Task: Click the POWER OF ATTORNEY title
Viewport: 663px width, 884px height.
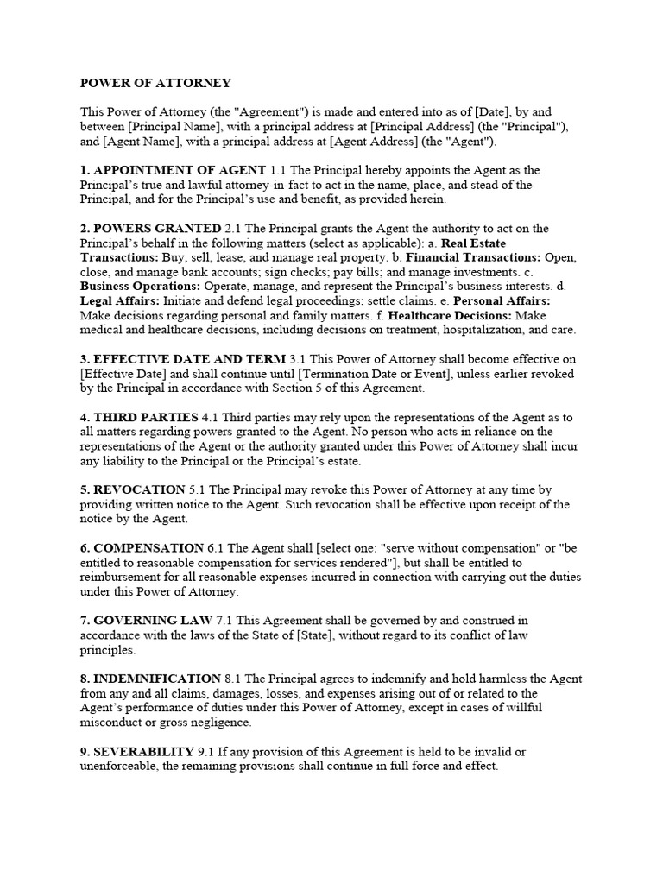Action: (x=155, y=83)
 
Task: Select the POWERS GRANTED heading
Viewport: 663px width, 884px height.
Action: (x=158, y=228)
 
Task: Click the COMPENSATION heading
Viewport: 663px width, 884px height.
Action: (x=148, y=547)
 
